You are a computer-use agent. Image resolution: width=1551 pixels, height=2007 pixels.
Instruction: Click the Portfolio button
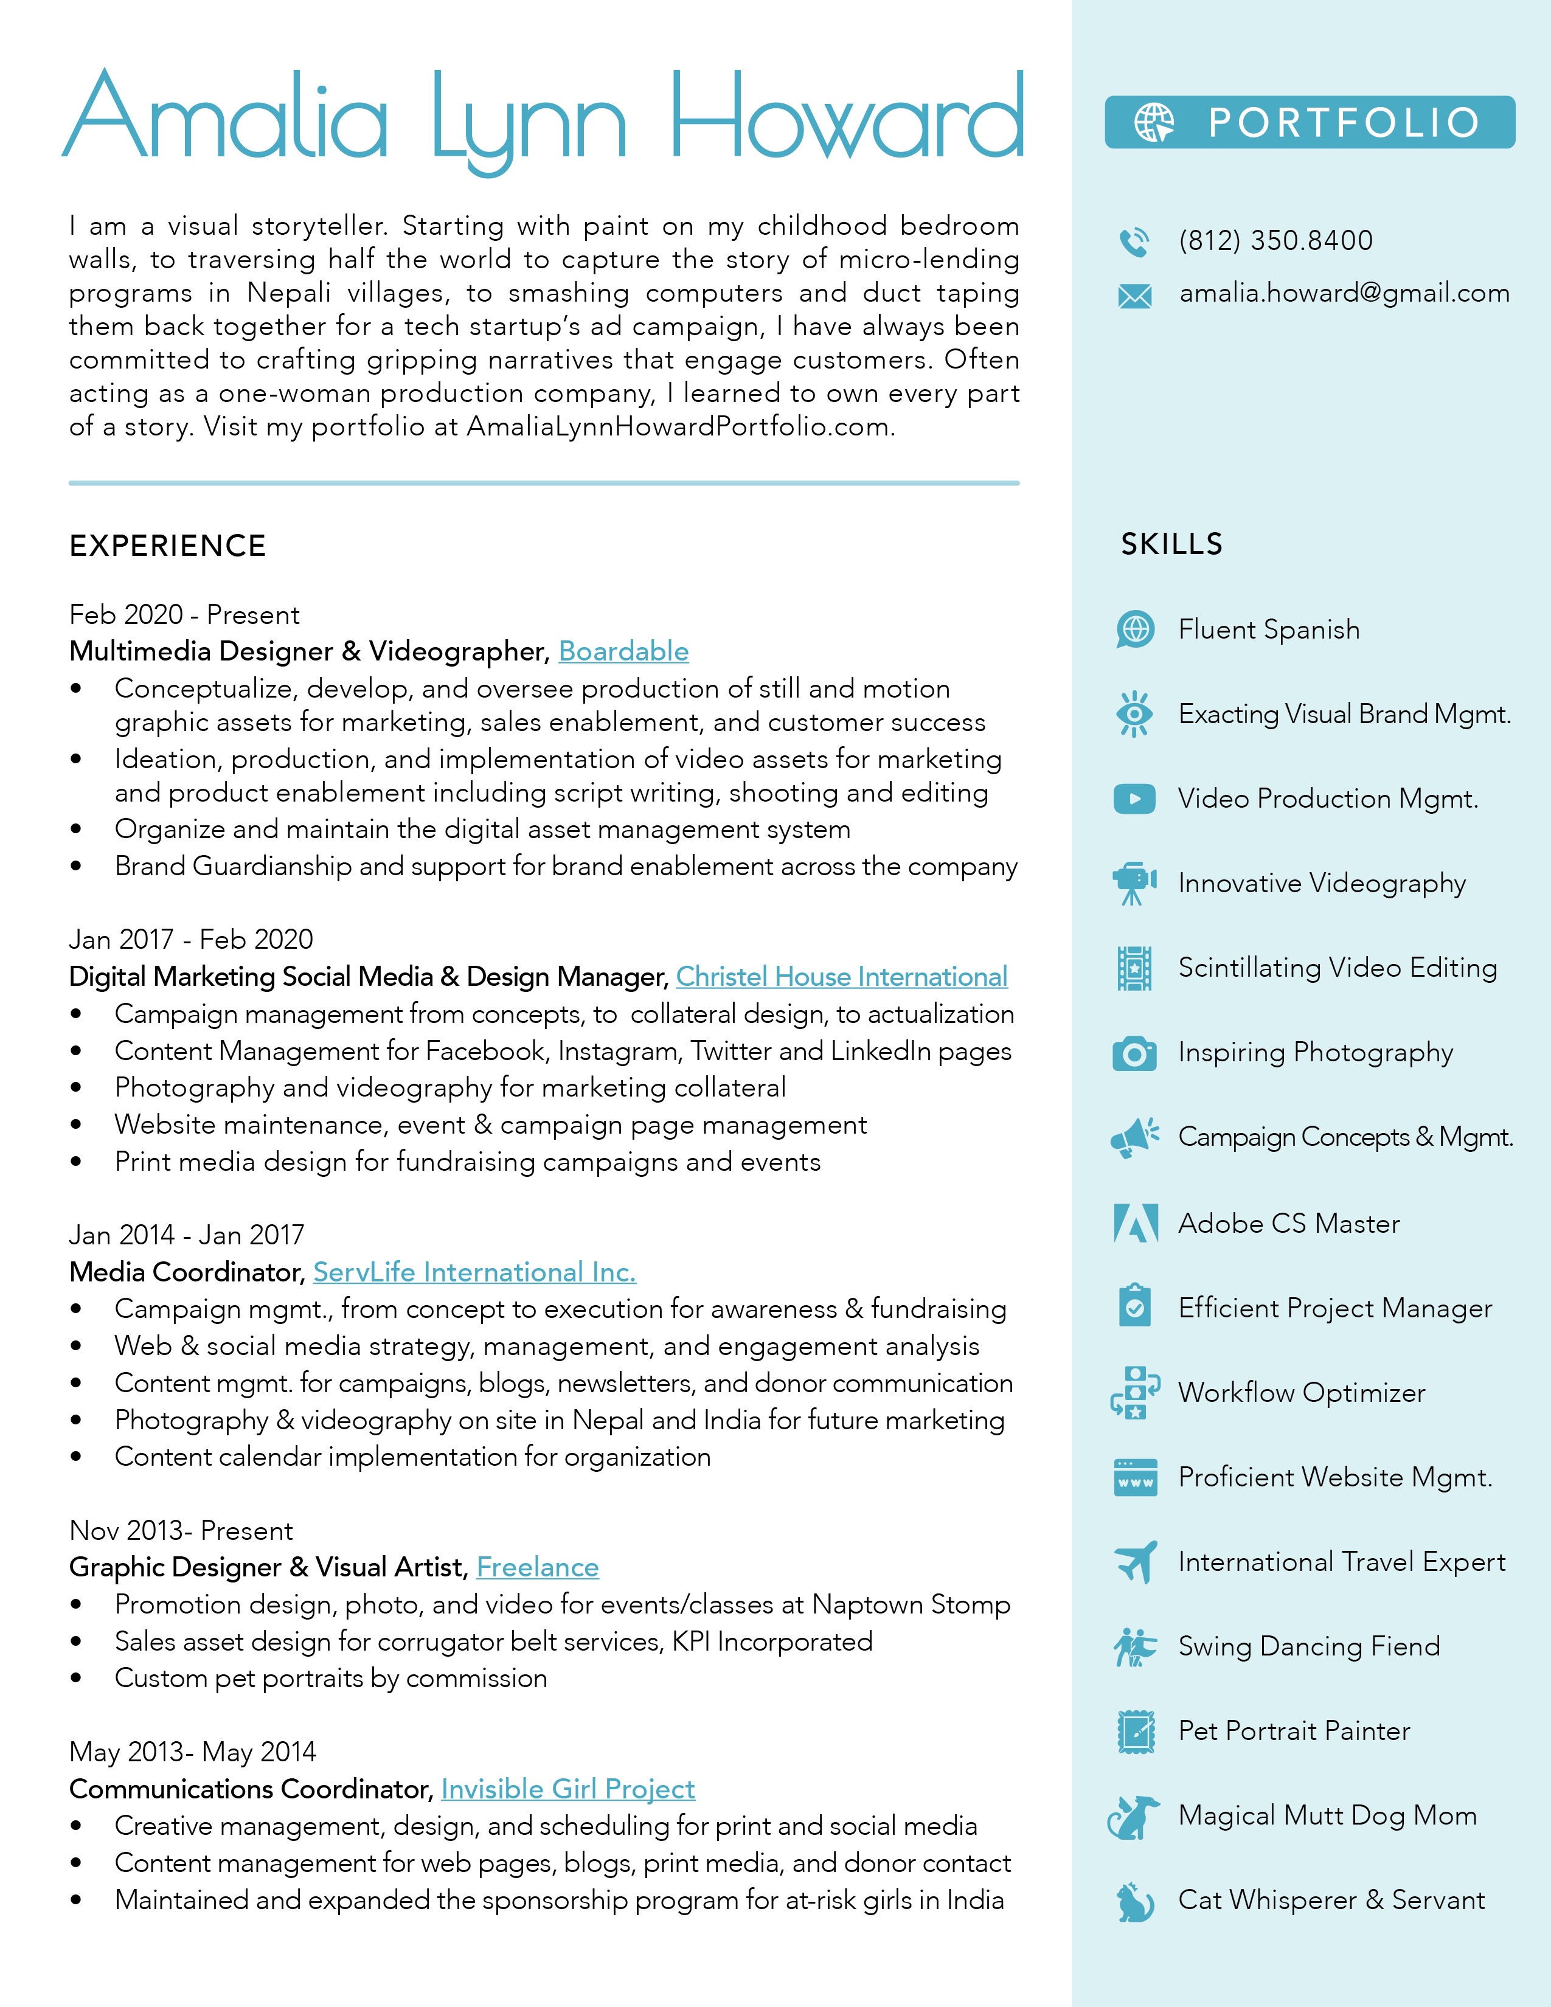coord(1310,122)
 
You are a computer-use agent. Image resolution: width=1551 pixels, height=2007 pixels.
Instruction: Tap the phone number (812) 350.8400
coord(1275,241)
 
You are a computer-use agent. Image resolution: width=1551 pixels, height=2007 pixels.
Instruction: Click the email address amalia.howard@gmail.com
coord(1344,293)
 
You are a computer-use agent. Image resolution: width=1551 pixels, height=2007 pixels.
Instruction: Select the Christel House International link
coord(842,977)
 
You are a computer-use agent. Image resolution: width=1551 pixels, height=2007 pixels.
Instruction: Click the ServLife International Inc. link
coord(474,1273)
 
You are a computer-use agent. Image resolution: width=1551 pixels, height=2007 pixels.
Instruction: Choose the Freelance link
coord(538,1568)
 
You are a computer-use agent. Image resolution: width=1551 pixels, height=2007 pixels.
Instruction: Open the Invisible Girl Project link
coord(568,1789)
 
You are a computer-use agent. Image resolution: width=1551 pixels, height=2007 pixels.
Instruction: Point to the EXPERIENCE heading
coord(168,546)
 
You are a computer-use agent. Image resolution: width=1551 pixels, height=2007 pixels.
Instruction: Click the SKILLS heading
coord(1171,544)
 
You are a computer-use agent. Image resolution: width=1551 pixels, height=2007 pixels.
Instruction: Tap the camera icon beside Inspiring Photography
coord(1135,1053)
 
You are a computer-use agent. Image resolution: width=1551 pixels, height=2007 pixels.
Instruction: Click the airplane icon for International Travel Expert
coord(1136,1562)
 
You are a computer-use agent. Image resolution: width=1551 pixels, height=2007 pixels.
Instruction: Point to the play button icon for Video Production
coord(1135,799)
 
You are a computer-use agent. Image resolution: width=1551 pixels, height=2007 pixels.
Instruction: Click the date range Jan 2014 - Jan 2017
coord(187,1235)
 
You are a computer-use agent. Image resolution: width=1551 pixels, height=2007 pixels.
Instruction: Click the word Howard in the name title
coord(846,119)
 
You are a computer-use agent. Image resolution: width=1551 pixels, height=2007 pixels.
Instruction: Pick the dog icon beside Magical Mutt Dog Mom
coord(1134,1817)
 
